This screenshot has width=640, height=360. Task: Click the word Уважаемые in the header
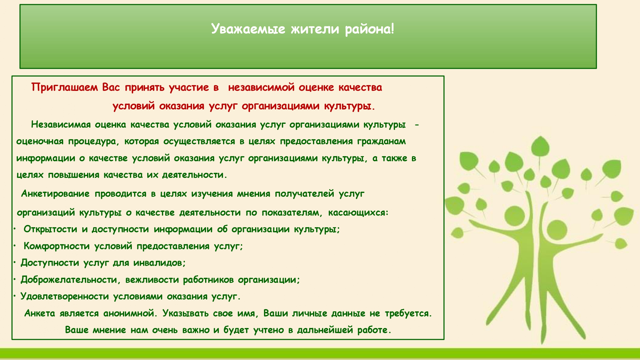click(248, 29)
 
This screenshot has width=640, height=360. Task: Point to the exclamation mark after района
click(392, 28)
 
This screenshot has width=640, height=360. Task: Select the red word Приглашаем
click(64, 87)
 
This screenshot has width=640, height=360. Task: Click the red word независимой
click(261, 87)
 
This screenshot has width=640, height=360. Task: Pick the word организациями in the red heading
click(281, 106)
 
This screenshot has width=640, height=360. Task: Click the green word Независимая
click(61, 124)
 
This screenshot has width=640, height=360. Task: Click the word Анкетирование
click(55, 194)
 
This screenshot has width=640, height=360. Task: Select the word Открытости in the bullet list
click(51, 229)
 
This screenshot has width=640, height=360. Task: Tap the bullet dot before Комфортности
click(15, 246)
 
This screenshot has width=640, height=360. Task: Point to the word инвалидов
click(159, 263)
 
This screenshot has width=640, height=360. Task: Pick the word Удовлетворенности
click(65, 297)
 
